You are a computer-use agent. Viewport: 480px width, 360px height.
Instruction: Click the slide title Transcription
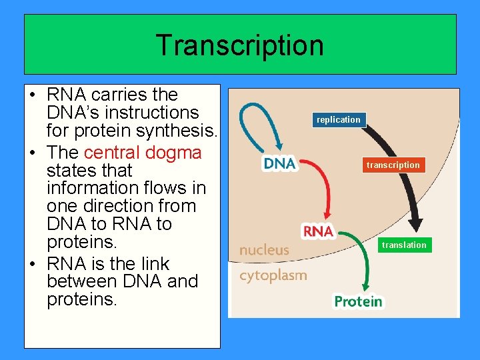click(x=239, y=45)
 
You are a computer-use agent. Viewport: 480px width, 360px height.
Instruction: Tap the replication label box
click(x=338, y=120)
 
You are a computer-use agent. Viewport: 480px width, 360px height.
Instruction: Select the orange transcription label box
click(x=393, y=165)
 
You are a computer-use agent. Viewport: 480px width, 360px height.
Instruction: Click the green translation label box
click(x=403, y=245)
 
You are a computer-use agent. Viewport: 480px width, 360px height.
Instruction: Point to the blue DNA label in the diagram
click(x=280, y=163)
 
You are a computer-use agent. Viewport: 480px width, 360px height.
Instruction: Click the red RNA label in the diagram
click(x=318, y=231)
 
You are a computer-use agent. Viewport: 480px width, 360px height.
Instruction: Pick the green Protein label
click(x=359, y=301)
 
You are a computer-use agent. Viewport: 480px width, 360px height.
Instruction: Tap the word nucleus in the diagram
click(x=265, y=250)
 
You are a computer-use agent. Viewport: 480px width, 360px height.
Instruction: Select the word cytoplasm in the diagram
click(x=273, y=275)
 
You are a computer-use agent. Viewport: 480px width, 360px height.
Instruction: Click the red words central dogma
click(x=143, y=153)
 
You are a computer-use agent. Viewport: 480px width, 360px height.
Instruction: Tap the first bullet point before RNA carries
click(x=34, y=95)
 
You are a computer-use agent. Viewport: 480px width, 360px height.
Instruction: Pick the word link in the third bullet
click(x=154, y=264)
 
